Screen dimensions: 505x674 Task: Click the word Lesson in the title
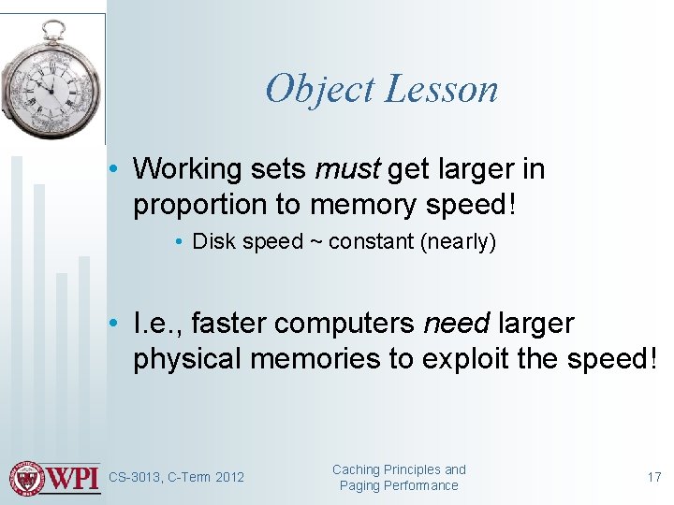click(x=442, y=89)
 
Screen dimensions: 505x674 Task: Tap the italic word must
click(x=346, y=169)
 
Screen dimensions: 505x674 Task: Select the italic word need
click(x=457, y=324)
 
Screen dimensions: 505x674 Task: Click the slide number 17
click(x=653, y=477)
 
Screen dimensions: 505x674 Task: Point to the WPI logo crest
click(x=27, y=478)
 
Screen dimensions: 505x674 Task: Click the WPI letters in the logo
click(x=73, y=478)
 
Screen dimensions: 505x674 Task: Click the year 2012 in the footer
click(x=229, y=478)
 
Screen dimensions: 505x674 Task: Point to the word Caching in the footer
click(x=356, y=469)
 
